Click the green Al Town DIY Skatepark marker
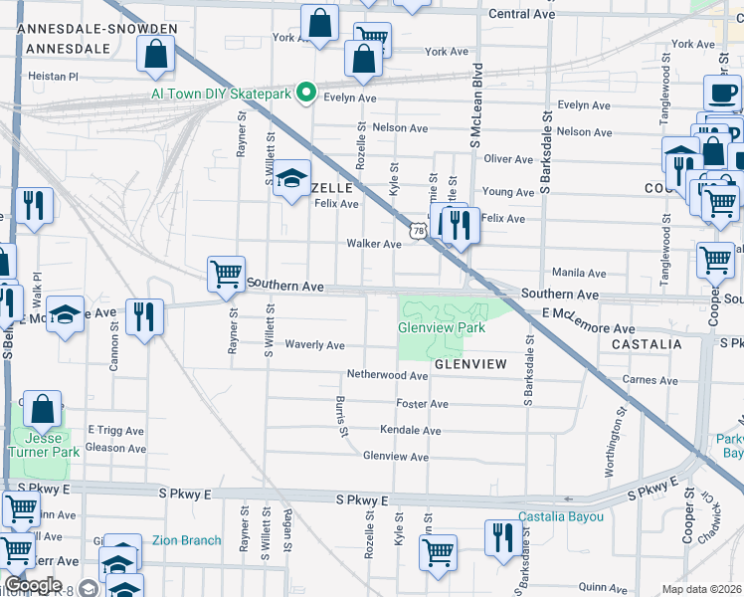pyautogui.click(x=307, y=95)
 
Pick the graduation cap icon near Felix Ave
pyautogui.click(x=291, y=179)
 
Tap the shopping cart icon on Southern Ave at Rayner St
pyautogui.click(x=226, y=274)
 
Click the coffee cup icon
pyautogui.click(x=722, y=94)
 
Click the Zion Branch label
pyautogui.click(x=187, y=540)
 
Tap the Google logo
pyautogui.click(x=33, y=585)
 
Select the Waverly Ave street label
pyautogui.click(x=314, y=345)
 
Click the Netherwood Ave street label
pyautogui.click(x=387, y=375)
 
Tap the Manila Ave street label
pyautogui.click(x=580, y=273)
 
